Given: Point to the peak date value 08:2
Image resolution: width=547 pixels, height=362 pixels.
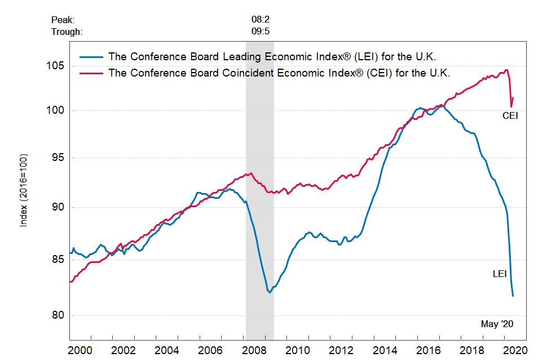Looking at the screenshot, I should point(261,20).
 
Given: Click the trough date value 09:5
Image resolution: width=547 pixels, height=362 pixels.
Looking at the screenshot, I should point(261,32).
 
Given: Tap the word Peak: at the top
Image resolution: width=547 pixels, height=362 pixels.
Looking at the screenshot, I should point(63,20).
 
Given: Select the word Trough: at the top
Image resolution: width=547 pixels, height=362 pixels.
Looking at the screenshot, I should point(67,32).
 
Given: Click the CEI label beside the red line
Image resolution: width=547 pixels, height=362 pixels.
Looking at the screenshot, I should point(510,116).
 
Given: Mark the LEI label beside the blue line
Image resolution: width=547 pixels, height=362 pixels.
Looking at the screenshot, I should point(500,274).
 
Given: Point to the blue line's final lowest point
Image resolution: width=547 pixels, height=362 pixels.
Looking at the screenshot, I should point(513,296).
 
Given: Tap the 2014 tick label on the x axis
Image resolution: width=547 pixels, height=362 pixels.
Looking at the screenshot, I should point(384,350).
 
